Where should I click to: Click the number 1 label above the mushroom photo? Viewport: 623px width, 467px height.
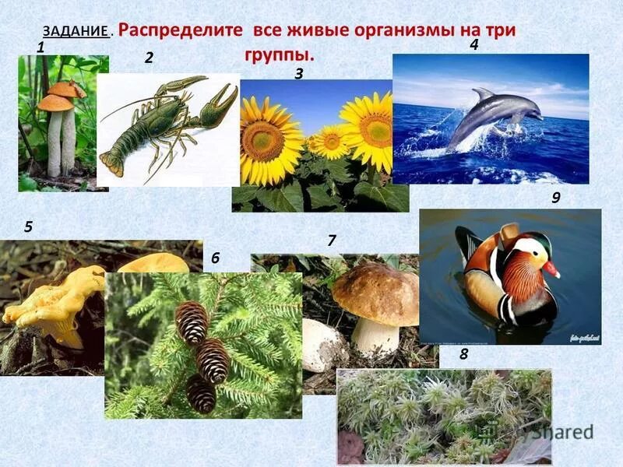click(x=40, y=47)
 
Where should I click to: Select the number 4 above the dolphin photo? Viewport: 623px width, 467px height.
click(x=473, y=45)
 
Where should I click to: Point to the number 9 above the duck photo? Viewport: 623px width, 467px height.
click(x=556, y=198)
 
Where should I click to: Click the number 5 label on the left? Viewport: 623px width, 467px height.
click(x=28, y=227)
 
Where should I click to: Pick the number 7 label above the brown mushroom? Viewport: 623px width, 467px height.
click(x=331, y=241)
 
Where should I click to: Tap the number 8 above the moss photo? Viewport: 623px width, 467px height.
click(x=463, y=355)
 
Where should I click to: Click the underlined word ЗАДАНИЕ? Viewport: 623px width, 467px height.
click(x=76, y=32)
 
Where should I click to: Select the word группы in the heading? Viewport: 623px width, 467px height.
click(x=280, y=56)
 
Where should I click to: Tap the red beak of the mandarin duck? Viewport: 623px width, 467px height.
click(x=552, y=270)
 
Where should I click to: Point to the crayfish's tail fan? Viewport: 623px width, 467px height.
click(x=109, y=164)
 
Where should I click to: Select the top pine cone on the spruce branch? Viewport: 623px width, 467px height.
click(x=192, y=321)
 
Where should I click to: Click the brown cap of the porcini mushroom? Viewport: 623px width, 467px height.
click(x=376, y=293)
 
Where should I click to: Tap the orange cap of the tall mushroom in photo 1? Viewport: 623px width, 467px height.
click(x=56, y=102)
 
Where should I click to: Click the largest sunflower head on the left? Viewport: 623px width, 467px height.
click(x=270, y=140)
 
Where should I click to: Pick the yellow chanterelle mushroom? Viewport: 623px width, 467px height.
click(x=51, y=304)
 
